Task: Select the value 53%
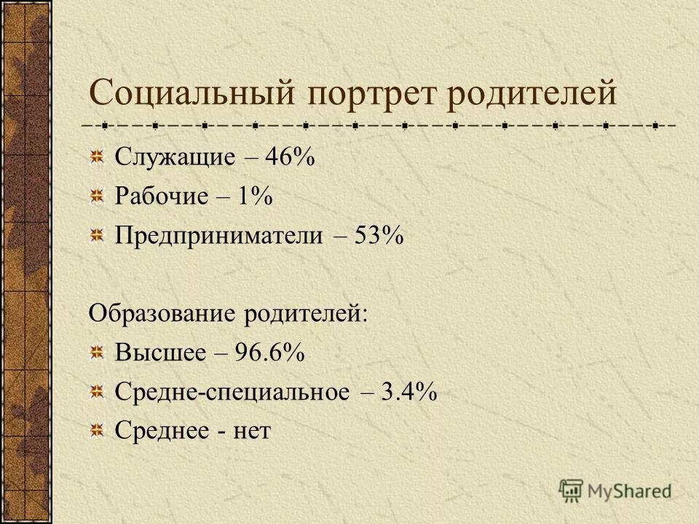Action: click(x=379, y=237)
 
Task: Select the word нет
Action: click(x=252, y=432)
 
